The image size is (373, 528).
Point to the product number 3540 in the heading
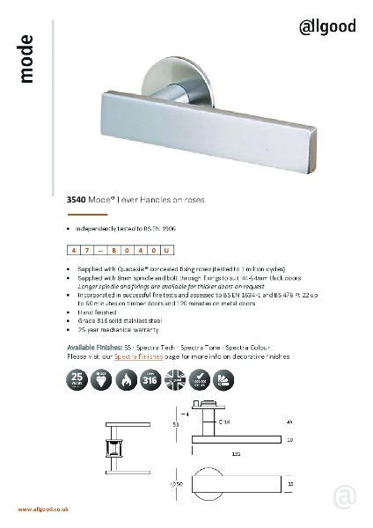[77, 201]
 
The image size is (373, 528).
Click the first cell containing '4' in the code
[74, 252]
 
